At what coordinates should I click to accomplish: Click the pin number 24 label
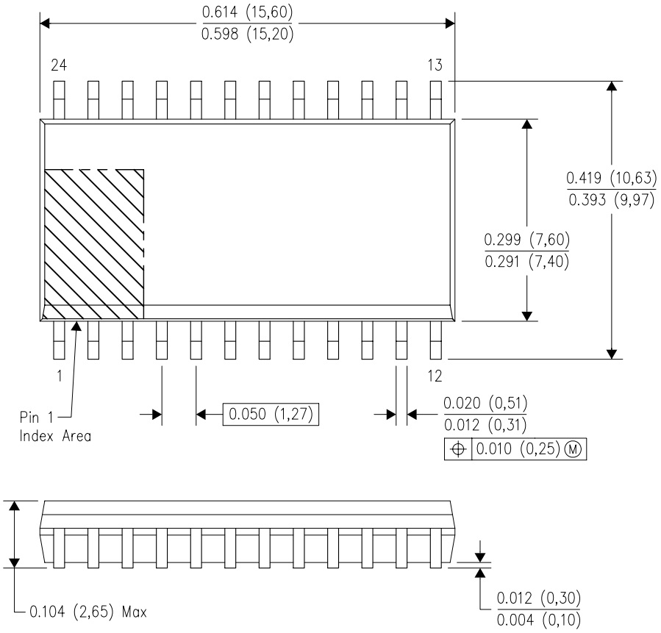59,65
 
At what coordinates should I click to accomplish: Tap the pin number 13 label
435,65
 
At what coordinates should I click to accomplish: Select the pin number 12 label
435,376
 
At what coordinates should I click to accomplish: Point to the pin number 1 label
60,376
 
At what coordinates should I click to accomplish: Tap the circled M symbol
573,448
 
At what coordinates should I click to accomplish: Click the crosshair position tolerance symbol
458,449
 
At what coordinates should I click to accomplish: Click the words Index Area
55,436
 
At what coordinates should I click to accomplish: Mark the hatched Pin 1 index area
94,244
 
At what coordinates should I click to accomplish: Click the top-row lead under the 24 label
59,100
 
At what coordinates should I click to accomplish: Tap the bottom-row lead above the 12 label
435,340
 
